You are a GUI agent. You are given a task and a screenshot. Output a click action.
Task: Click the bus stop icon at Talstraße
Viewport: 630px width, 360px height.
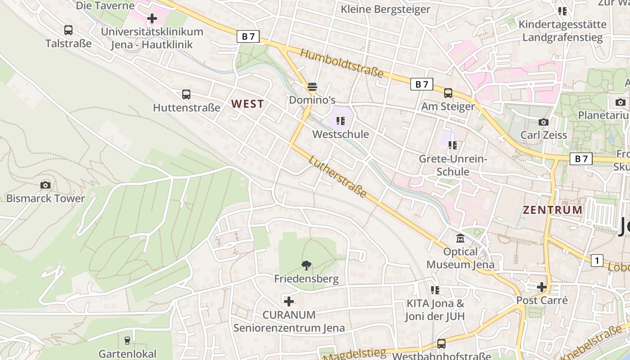(x=68, y=30)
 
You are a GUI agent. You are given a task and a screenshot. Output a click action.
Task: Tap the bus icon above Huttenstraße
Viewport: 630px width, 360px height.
(x=186, y=94)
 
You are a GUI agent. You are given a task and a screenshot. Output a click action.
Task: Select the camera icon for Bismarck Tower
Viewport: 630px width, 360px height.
(x=45, y=185)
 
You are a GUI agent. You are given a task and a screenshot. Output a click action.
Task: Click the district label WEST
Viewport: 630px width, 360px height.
(x=247, y=104)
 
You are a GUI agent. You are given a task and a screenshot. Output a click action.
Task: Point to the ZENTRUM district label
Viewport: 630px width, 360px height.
(x=553, y=210)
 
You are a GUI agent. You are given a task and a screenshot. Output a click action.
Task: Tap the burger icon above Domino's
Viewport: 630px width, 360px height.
(x=312, y=86)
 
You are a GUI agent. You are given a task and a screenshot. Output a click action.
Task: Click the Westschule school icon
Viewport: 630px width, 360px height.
(x=341, y=121)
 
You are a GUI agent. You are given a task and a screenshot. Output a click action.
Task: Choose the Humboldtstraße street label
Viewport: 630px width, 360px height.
(x=342, y=63)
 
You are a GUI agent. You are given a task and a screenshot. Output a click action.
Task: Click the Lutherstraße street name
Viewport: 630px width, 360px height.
(x=337, y=176)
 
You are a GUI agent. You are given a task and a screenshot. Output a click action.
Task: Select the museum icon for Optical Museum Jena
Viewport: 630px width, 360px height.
(x=460, y=238)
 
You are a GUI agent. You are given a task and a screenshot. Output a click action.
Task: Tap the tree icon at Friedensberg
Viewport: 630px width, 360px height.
(x=306, y=265)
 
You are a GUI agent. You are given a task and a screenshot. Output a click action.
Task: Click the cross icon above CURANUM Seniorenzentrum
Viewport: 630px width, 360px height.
(x=289, y=301)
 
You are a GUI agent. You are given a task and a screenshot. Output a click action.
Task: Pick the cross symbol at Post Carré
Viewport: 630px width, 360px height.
(x=542, y=287)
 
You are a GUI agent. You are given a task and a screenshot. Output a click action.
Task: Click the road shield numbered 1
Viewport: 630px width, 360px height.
(x=597, y=260)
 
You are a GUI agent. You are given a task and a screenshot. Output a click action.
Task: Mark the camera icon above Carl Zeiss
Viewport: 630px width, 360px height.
(x=544, y=122)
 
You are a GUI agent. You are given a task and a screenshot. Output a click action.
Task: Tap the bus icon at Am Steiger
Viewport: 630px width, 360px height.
(x=448, y=93)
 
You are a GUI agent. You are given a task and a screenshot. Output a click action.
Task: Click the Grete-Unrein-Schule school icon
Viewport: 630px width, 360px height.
(x=453, y=145)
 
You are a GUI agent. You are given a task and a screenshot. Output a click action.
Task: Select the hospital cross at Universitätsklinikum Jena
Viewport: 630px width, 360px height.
(x=152, y=19)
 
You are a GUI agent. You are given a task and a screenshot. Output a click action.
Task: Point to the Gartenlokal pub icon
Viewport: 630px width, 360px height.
(x=127, y=340)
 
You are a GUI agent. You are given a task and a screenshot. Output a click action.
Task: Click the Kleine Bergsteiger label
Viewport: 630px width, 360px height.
(x=386, y=9)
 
